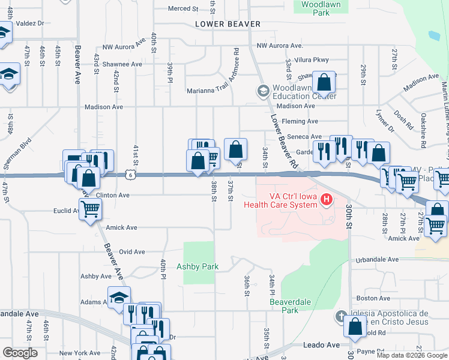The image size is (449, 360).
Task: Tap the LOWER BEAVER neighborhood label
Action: pos(228,24)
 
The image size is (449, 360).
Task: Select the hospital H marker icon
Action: pos(327,199)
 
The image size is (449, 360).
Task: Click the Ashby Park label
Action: pos(197,266)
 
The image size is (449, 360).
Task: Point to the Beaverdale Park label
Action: pos(284,306)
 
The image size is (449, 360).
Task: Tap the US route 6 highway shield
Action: pos(130,174)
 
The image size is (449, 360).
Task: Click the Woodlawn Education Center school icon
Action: pos(262,91)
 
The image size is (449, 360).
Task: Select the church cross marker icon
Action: pos(340,317)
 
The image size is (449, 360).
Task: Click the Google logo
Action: pos(19,353)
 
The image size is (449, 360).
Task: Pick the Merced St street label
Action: pos(183,8)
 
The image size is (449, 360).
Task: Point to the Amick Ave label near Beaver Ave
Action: pos(121,227)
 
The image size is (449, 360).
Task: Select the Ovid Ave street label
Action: pos(133,252)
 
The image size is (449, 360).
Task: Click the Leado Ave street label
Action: pos(325,344)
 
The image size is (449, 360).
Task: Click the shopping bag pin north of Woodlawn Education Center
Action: pos(324,82)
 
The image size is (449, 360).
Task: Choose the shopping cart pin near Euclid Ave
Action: pos(90,209)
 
